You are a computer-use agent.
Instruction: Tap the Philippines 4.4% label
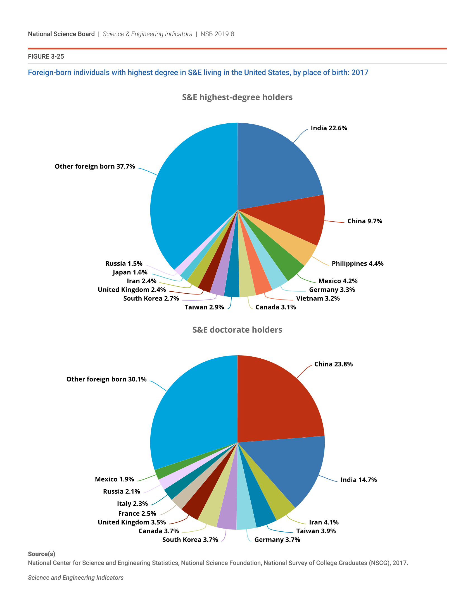coord(357,263)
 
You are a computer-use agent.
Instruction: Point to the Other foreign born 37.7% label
coord(95,166)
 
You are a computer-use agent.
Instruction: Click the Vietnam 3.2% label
coord(318,298)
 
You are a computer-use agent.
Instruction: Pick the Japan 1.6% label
coord(130,272)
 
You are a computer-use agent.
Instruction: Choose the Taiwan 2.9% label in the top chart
coord(204,307)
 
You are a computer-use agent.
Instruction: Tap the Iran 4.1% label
coord(324,522)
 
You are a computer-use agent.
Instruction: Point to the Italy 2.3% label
coord(132,503)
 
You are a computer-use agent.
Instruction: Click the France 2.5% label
coord(137,513)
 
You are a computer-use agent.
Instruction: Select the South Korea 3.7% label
coord(190,539)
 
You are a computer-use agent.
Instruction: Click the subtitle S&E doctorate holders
coord(237,330)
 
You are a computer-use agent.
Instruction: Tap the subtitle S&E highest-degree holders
coord(237,97)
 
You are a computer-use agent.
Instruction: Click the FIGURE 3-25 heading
coord(46,56)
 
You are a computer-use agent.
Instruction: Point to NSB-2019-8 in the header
coord(217,34)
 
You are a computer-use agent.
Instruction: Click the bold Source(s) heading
coord(41,554)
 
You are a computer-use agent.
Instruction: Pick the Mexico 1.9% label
coord(114,479)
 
